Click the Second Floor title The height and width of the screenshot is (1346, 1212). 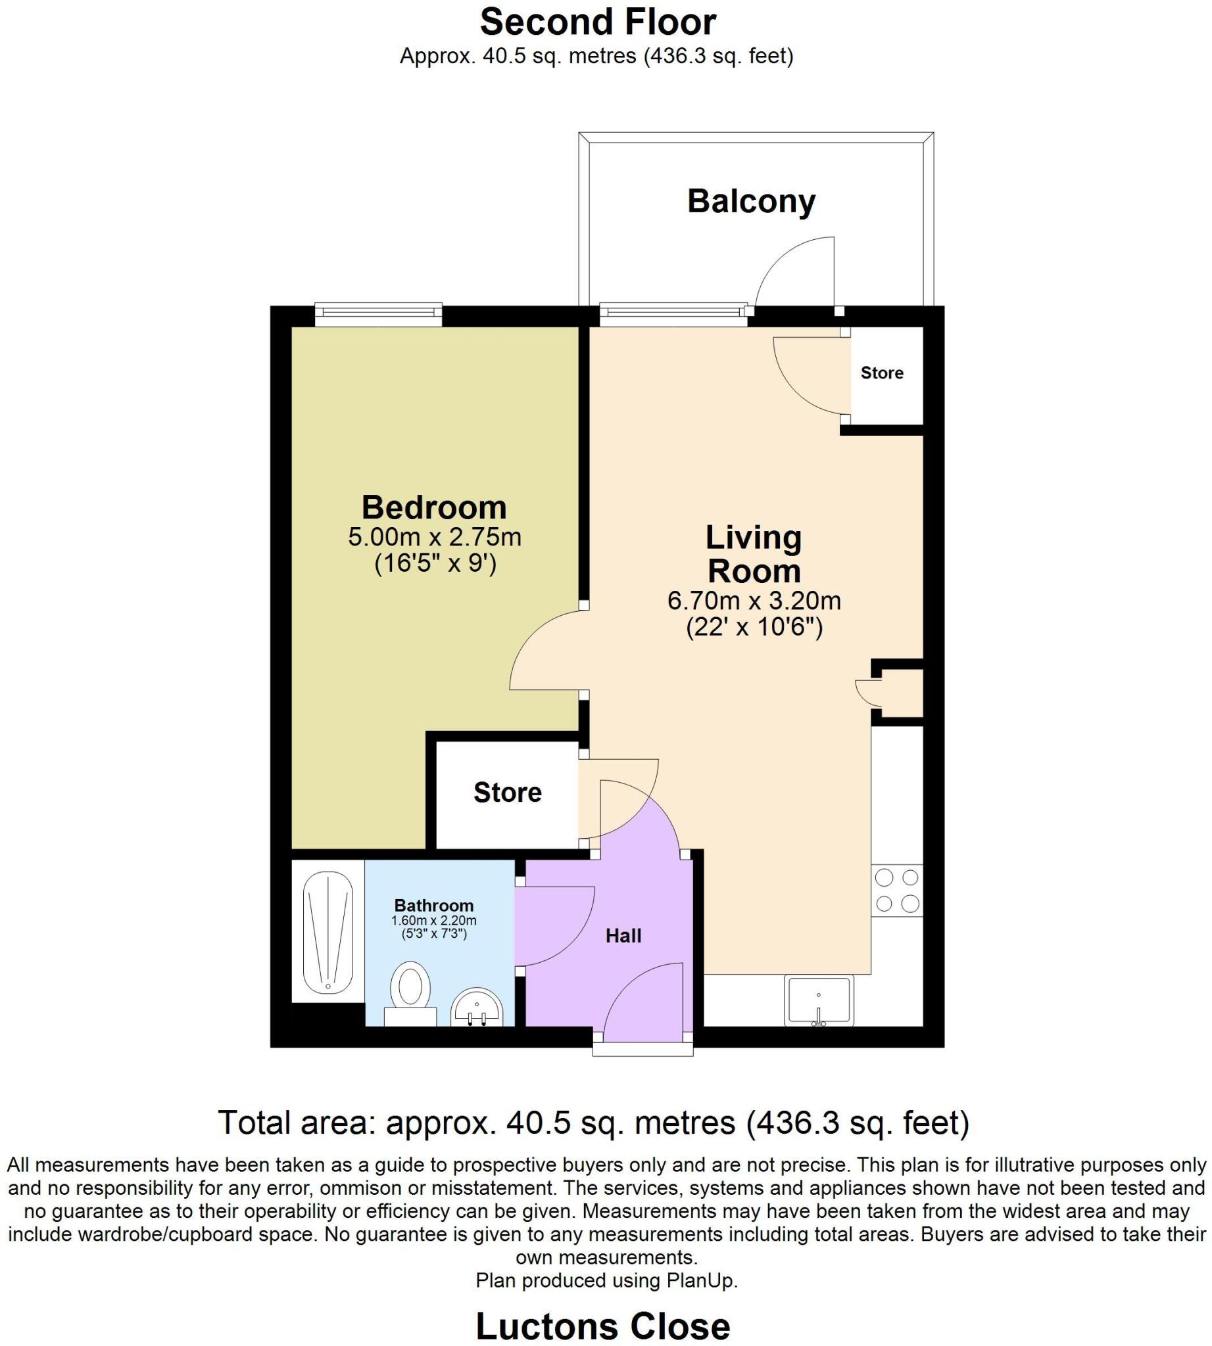click(597, 22)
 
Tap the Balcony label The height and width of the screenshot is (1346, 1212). click(750, 201)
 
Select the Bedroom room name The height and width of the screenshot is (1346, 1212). click(433, 507)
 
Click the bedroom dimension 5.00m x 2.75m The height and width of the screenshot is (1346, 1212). click(434, 536)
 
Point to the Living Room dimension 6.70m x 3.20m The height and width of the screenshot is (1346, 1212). click(754, 601)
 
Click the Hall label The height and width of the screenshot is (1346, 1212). click(623, 936)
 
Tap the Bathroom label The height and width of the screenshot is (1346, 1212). click(433, 905)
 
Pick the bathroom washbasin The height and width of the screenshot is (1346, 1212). click(477, 1008)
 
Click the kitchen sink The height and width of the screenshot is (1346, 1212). click(819, 1000)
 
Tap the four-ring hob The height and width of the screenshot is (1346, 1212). click(896, 891)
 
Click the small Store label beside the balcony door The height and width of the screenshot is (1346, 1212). click(882, 373)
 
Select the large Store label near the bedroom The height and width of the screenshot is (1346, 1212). click(508, 792)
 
